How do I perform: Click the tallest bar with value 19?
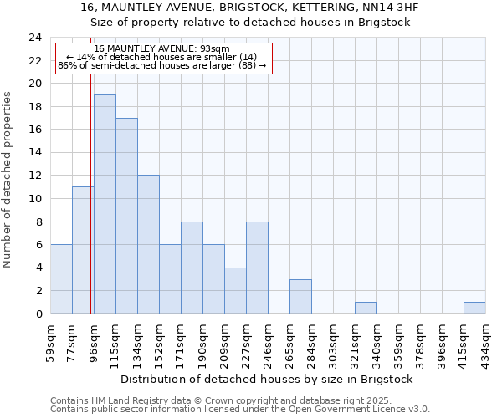point(105,204)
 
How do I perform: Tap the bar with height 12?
point(148,244)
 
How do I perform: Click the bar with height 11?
point(83,250)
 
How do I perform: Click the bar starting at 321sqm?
point(366,308)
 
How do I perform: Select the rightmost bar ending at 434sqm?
point(474,308)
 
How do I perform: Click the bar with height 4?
point(235,290)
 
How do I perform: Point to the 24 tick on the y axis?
point(34,38)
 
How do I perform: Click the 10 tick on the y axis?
point(34,199)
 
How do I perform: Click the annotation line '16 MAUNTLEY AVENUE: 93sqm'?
point(162,48)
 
